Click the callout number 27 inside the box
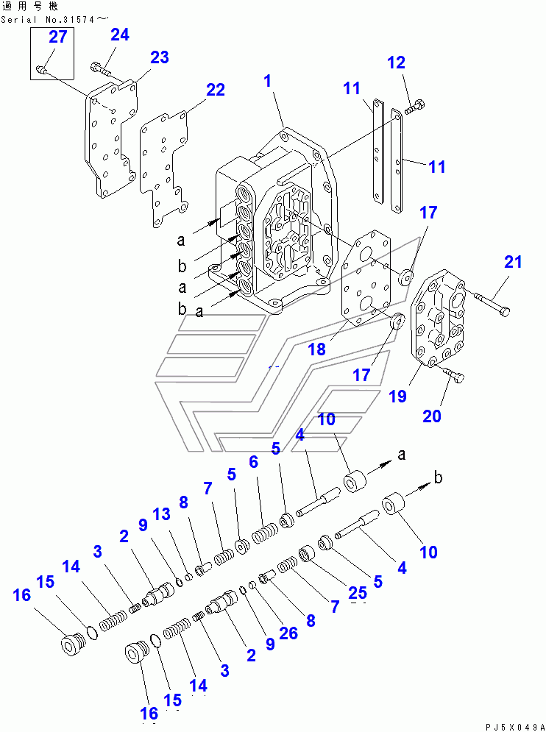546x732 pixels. [x=58, y=37]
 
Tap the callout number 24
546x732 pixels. [x=119, y=35]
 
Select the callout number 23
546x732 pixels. [x=159, y=57]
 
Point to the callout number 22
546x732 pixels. [x=216, y=90]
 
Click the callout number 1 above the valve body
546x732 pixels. [x=267, y=81]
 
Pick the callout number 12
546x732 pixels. [x=396, y=63]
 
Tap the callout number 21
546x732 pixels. [x=513, y=262]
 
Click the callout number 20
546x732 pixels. [x=431, y=416]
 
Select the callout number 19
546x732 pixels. [x=397, y=397]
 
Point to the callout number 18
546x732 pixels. [x=316, y=349]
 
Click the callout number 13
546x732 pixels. [x=162, y=514]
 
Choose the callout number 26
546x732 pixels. [x=288, y=633]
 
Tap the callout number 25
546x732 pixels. [x=358, y=592]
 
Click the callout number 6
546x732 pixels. [x=253, y=462]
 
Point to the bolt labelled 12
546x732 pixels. [x=414, y=107]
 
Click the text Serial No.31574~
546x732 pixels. [x=54, y=20]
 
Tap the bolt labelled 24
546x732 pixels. [x=100, y=68]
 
